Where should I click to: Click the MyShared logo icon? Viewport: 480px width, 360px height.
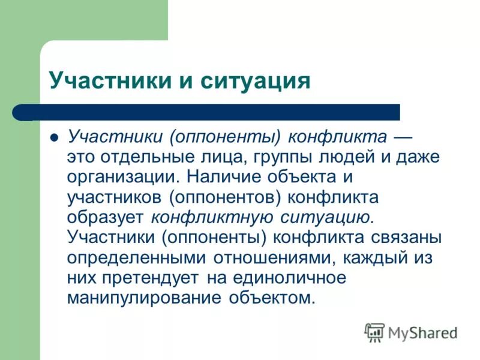tap(374, 332)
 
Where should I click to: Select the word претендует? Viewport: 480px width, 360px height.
tap(153, 277)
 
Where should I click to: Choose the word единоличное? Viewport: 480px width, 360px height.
tap(284, 277)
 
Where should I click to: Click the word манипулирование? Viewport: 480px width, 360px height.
tap(144, 298)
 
